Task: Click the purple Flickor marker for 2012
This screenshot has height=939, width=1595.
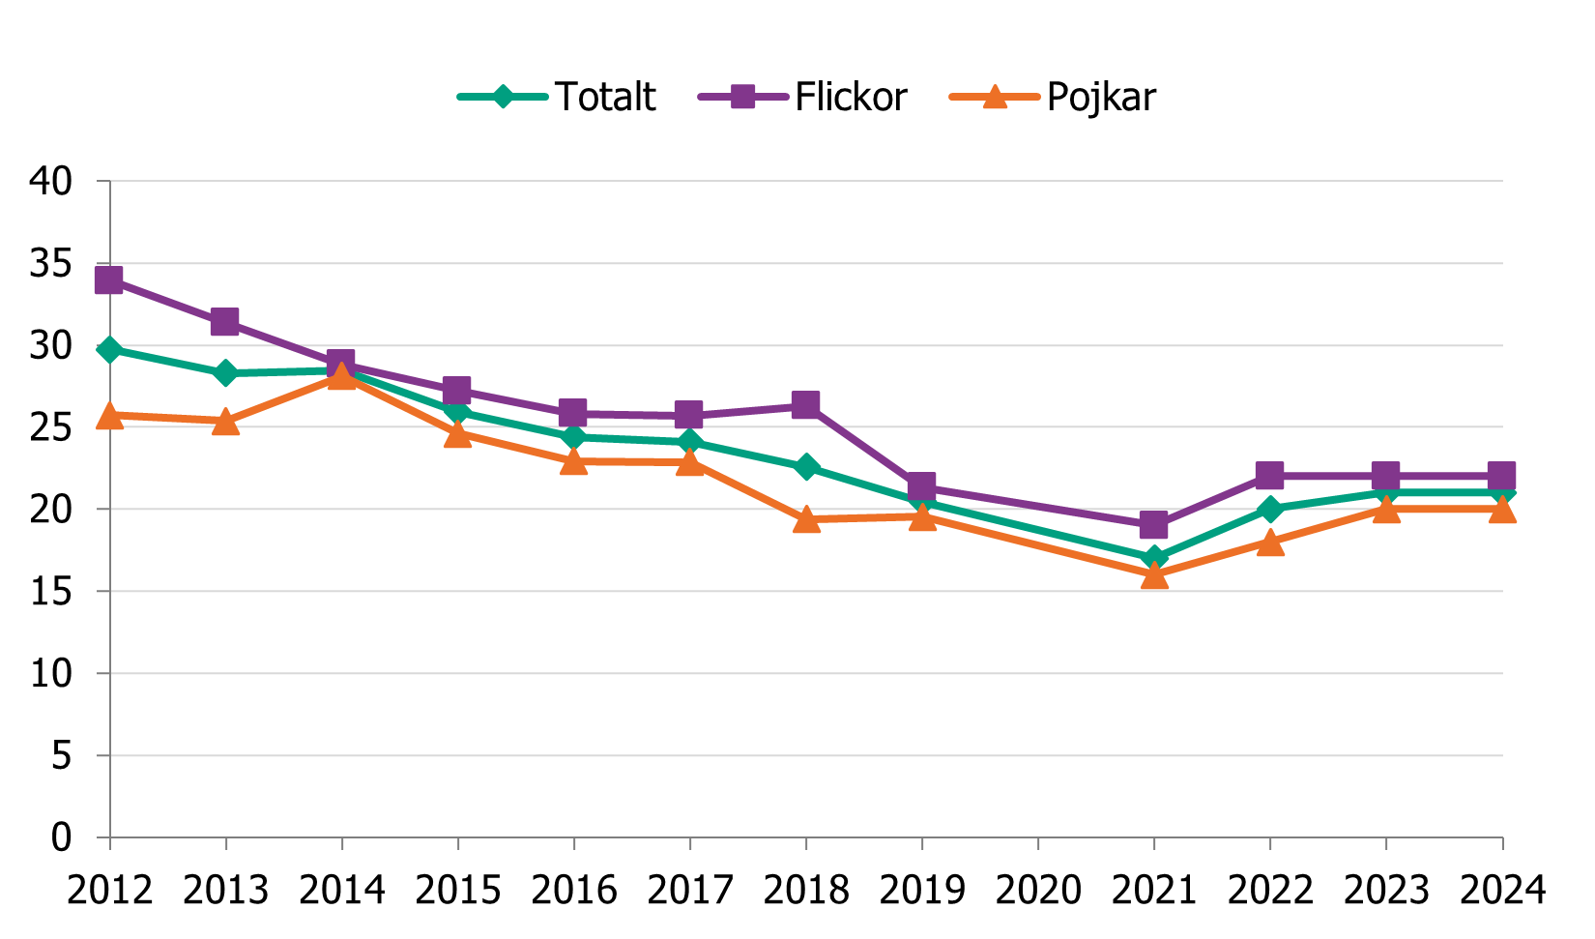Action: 109,280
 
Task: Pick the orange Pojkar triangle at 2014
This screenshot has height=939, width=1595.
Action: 341,376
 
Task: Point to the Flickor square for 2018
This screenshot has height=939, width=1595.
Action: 805,404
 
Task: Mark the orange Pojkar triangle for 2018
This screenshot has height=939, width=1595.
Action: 805,520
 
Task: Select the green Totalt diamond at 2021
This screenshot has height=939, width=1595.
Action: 1153,558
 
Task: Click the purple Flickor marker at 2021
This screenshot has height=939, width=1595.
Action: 1153,525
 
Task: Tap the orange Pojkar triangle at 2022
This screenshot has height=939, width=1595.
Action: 1269,543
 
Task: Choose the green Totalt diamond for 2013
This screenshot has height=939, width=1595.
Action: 225,372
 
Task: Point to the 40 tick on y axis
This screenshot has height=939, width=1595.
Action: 50,181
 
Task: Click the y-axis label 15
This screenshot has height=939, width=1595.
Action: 50,591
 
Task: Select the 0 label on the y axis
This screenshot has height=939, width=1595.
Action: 61,836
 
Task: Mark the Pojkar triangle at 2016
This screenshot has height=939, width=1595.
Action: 573,461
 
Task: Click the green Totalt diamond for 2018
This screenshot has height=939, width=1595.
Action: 805,467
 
